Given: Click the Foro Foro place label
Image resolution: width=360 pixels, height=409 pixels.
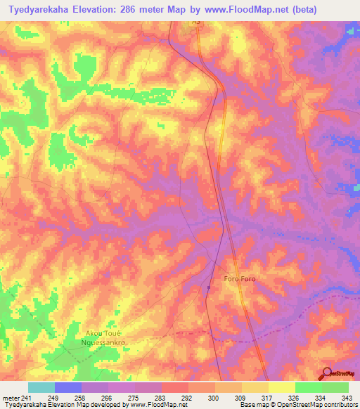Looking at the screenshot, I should [240, 280].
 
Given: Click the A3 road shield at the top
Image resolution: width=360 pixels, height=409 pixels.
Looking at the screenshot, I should [197, 22].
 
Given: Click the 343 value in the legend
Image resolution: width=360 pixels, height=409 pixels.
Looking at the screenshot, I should [348, 398].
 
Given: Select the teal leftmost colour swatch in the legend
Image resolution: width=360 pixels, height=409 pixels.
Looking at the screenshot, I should [41, 387].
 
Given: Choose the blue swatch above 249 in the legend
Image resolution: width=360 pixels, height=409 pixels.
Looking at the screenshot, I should [68, 387].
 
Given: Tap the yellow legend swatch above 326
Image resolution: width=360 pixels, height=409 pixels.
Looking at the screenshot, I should [282, 387].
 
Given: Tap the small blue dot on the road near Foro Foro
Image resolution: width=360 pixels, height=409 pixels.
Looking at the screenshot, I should [209, 287].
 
